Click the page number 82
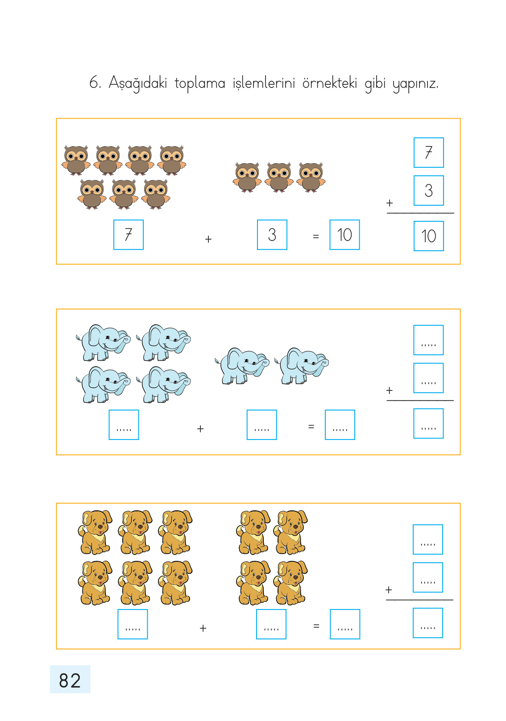[x=70, y=680]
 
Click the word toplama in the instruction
[x=199, y=83]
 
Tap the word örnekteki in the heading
[x=330, y=83]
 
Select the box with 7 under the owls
[x=129, y=235]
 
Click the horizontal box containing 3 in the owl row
[x=272, y=235]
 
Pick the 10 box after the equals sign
[x=344, y=235]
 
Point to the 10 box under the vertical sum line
[x=428, y=236]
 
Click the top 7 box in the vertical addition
[x=428, y=153]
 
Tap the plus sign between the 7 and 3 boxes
[x=208, y=239]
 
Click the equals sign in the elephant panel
[x=311, y=427]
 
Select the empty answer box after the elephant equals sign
[x=340, y=425]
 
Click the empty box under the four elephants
[x=124, y=425]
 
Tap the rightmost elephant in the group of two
[x=302, y=366]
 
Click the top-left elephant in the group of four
[x=104, y=343]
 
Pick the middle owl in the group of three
[x=279, y=178]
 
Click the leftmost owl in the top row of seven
[x=76, y=160]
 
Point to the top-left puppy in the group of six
[x=95, y=532]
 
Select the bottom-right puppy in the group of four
[x=290, y=583]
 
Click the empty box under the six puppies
[x=133, y=624]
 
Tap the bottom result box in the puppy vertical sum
[x=428, y=623]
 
